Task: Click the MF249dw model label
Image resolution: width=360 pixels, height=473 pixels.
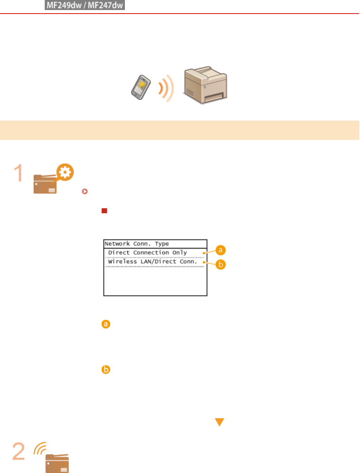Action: coord(64,5)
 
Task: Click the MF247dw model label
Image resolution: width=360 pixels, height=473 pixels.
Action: coord(106,5)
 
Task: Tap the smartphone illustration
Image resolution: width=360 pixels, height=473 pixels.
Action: coord(141,87)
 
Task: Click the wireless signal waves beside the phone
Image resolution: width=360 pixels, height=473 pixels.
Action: coord(166,88)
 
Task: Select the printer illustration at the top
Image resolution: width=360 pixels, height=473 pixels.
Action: coord(205,85)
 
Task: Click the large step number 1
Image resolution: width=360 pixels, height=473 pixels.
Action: coord(18,173)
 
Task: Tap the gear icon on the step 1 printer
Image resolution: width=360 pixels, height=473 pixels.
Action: coord(65,172)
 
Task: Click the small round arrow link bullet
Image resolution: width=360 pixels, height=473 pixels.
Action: coord(85,191)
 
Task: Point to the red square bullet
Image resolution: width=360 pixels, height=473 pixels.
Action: coord(104,211)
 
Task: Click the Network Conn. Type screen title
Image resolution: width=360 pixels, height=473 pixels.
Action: coord(137,244)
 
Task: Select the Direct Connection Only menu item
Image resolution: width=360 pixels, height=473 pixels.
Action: coord(147,253)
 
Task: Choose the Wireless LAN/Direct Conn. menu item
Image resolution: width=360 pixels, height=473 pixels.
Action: coord(152,262)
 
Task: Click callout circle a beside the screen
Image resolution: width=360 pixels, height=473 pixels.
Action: coord(220,250)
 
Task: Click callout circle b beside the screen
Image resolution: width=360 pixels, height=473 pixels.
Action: coord(221,265)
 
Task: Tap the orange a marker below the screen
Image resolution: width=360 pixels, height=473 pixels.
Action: coord(106,324)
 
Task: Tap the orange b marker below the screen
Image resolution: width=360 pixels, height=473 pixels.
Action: coord(106,370)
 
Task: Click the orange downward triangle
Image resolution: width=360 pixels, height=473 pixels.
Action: coord(219,422)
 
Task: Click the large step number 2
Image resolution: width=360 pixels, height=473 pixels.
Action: coord(19,452)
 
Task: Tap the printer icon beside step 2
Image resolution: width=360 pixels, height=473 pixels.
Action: coord(57,463)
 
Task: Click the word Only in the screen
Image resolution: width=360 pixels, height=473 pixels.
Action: coord(180,253)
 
